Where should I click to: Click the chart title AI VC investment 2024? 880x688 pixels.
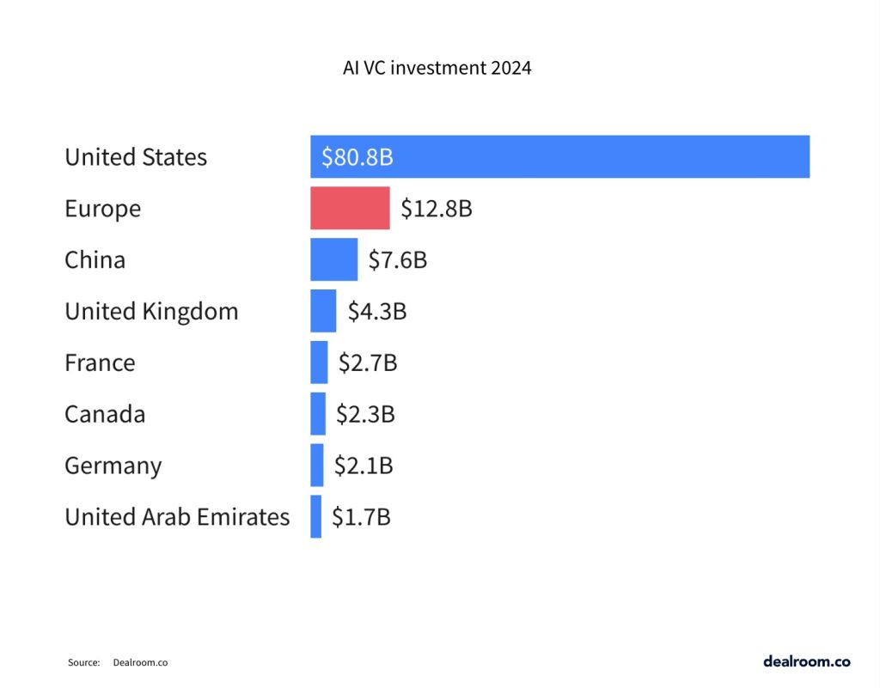point(437,68)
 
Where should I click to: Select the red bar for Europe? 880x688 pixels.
point(350,208)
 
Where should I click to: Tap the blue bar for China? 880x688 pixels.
point(333,259)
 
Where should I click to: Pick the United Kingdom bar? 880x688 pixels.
point(323,311)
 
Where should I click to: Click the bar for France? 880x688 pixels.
point(319,362)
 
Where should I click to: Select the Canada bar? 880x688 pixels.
point(318,414)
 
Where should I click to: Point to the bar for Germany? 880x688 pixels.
point(317,466)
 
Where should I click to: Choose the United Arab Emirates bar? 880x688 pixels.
point(316,517)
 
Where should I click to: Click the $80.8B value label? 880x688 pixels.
point(357,157)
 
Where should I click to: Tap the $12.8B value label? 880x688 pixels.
point(437,209)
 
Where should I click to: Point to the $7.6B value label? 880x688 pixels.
point(397,260)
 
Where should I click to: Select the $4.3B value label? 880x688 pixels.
point(376,312)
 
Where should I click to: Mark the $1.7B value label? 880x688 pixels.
point(361,518)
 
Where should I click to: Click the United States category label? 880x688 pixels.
point(136,157)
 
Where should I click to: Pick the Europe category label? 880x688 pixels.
point(102,209)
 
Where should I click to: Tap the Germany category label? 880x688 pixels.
point(113,466)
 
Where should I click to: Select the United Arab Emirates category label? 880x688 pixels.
point(177,517)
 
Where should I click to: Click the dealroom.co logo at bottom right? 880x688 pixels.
point(806,661)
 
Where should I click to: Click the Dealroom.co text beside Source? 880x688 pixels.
point(140,663)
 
